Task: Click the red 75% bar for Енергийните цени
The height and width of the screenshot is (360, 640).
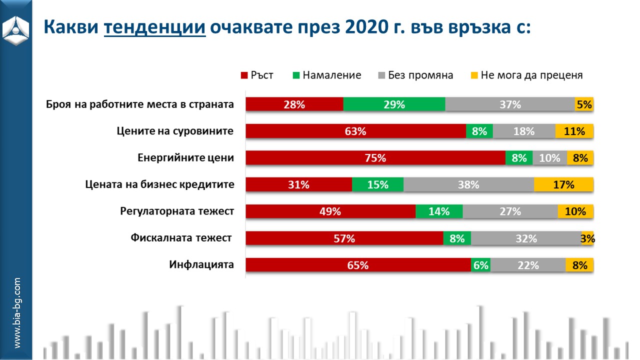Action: pos(375,158)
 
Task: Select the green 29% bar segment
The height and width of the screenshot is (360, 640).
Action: pos(394,104)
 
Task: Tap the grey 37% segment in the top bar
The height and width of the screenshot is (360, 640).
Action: pos(509,104)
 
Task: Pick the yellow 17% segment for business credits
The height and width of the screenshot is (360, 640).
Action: pos(563,184)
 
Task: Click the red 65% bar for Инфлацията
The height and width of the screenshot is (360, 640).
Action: pos(358,265)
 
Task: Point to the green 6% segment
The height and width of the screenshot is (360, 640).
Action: pos(480,265)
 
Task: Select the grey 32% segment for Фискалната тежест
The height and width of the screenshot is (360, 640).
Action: pos(526,238)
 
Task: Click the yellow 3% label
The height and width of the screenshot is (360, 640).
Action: pos(587,239)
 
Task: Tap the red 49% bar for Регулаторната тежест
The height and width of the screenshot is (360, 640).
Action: pos(330,211)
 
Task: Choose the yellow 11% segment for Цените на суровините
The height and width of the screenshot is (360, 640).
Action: pos(574,131)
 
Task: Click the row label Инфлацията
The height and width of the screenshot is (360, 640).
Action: pos(201,264)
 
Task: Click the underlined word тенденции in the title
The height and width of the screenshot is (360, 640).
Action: pos(155,26)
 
